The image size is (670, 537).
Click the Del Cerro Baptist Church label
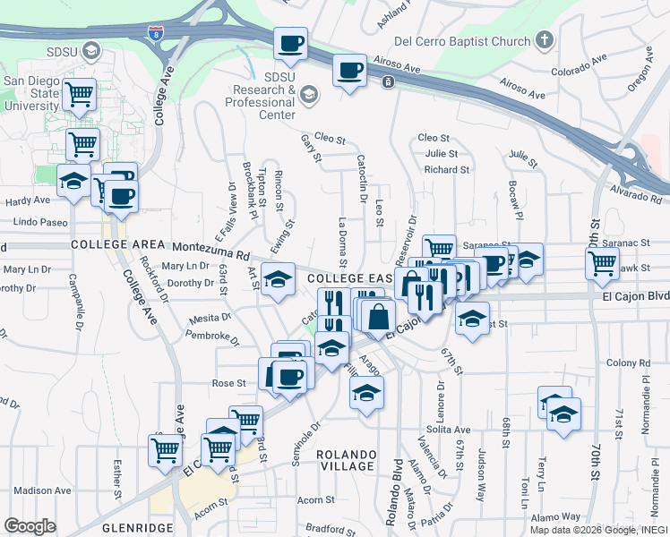click(x=462, y=41)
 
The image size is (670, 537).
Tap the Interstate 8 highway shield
click(x=157, y=34)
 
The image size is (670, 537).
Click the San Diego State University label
click(x=31, y=93)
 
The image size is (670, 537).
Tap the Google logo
click(x=30, y=526)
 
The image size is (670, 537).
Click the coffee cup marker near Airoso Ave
click(x=349, y=71)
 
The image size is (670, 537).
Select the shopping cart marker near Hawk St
click(x=602, y=263)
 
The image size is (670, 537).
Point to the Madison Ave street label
click(x=42, y=490)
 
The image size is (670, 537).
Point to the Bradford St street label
click(x=331, y=530)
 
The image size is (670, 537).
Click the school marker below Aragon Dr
click(x=365, y=394)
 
